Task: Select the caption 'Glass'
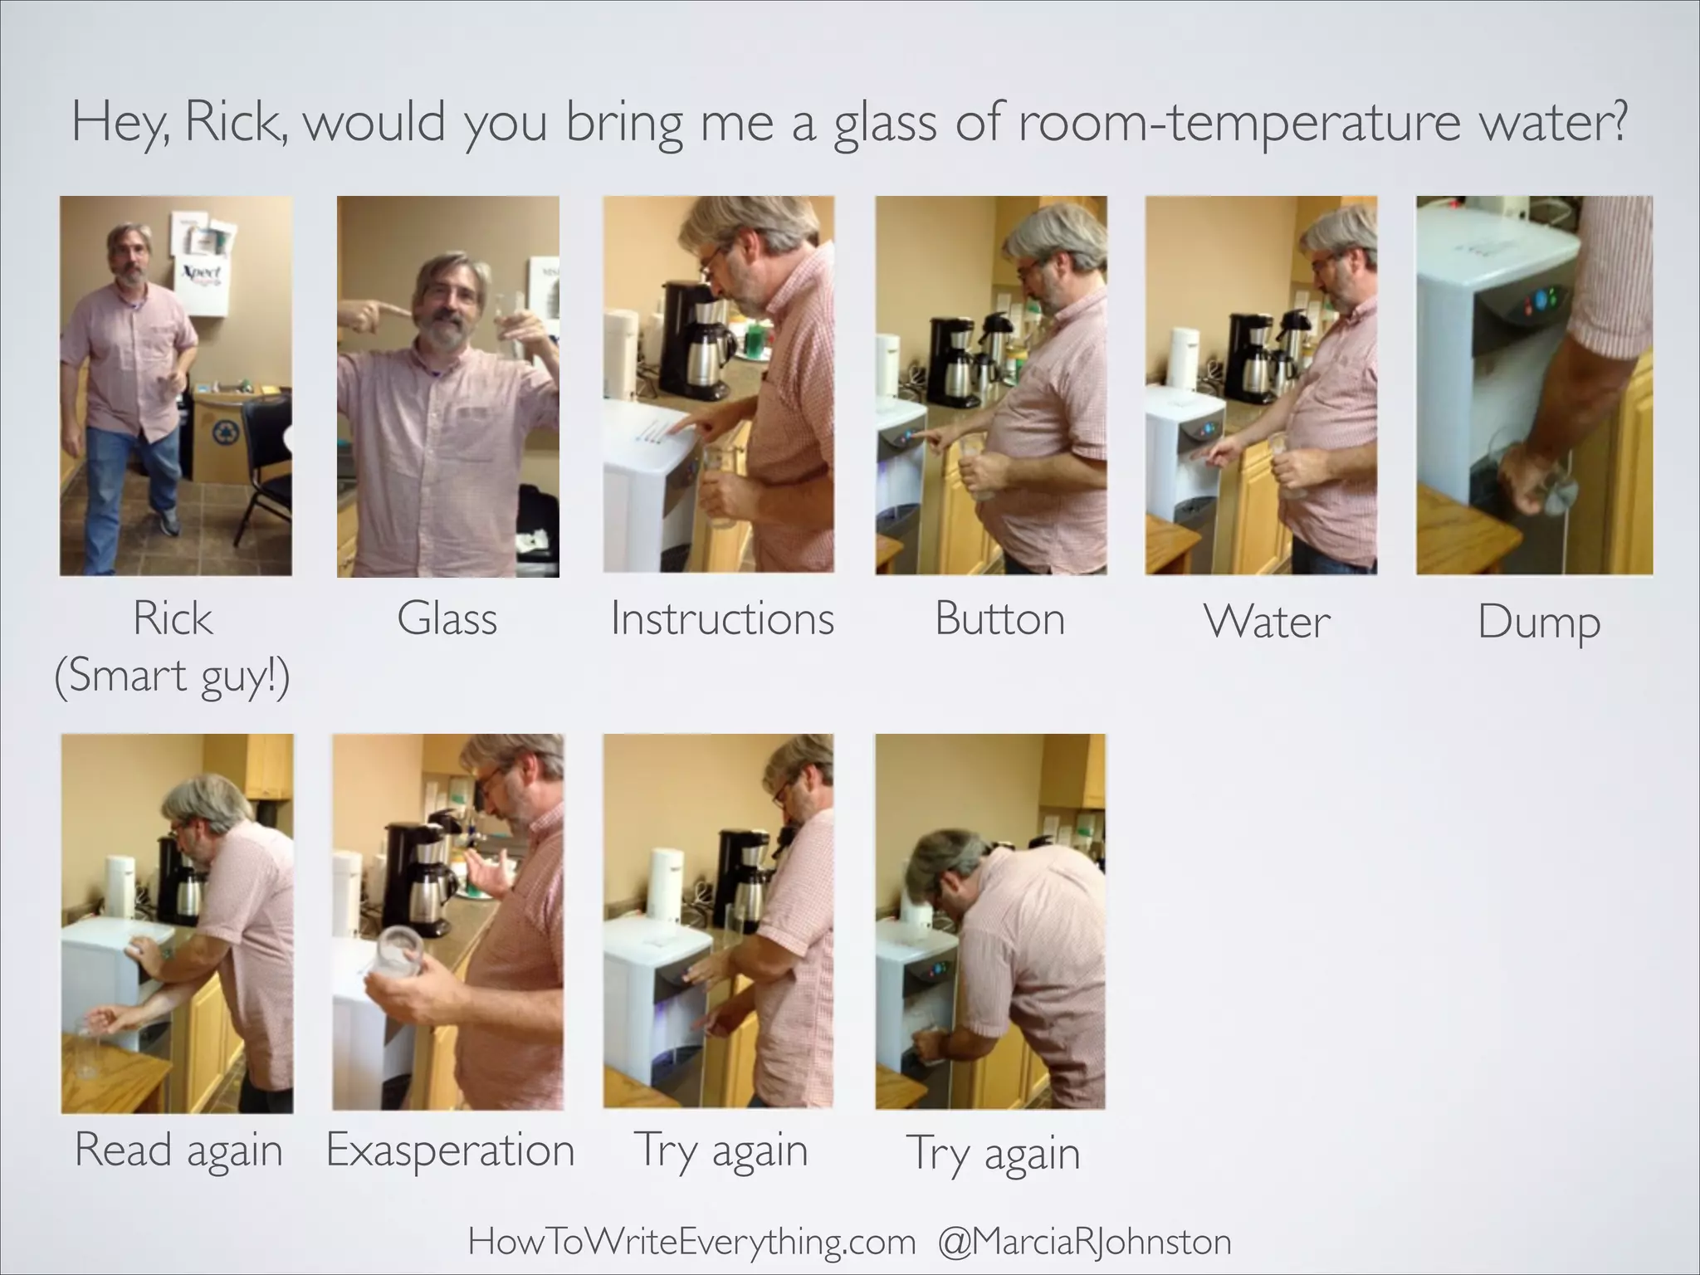click(447, 619)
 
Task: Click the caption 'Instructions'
click(721, 619)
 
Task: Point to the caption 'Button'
click(999, 619)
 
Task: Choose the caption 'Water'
click(1267, 622)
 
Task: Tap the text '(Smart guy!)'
click(172, 676)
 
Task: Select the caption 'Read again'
click(178, 1150)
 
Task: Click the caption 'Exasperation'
click(450, 1150)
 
